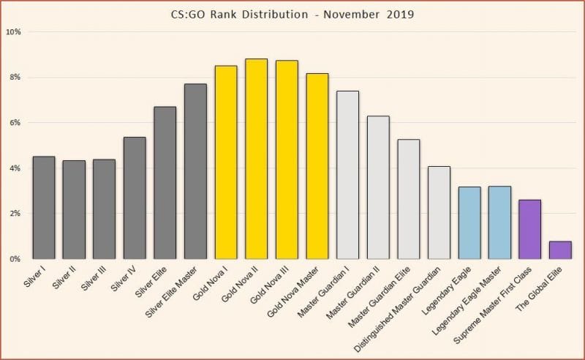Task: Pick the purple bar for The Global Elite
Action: tap(560, 250)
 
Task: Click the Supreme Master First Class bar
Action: tap(529, 229)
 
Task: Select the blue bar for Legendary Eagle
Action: tap(469, 223)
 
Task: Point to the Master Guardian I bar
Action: tap(347, 175)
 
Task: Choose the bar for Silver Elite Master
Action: tap(195, 171)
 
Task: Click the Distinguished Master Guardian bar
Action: tap(439, 212)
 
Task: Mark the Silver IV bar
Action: tap(135, 198)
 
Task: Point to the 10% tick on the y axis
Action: tap(14, 32)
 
